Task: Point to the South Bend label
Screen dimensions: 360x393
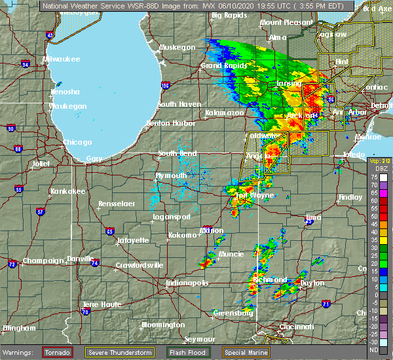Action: [178, 153]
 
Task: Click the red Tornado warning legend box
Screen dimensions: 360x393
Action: [58, 351]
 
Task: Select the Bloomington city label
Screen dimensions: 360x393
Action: [163, 325]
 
